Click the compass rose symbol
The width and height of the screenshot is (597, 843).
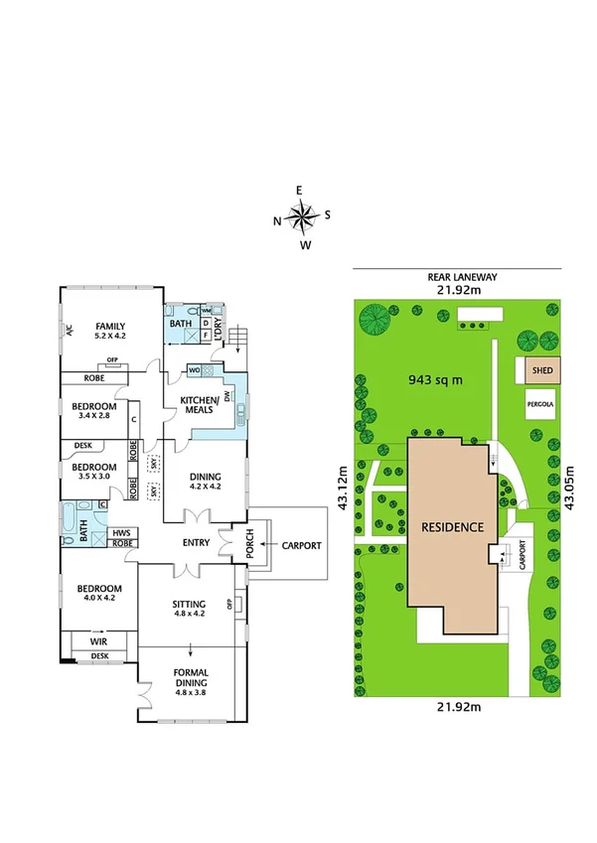(302, 214)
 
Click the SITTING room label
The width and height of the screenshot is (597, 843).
(188, 608)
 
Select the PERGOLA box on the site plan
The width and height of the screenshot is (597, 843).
(541, 405)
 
